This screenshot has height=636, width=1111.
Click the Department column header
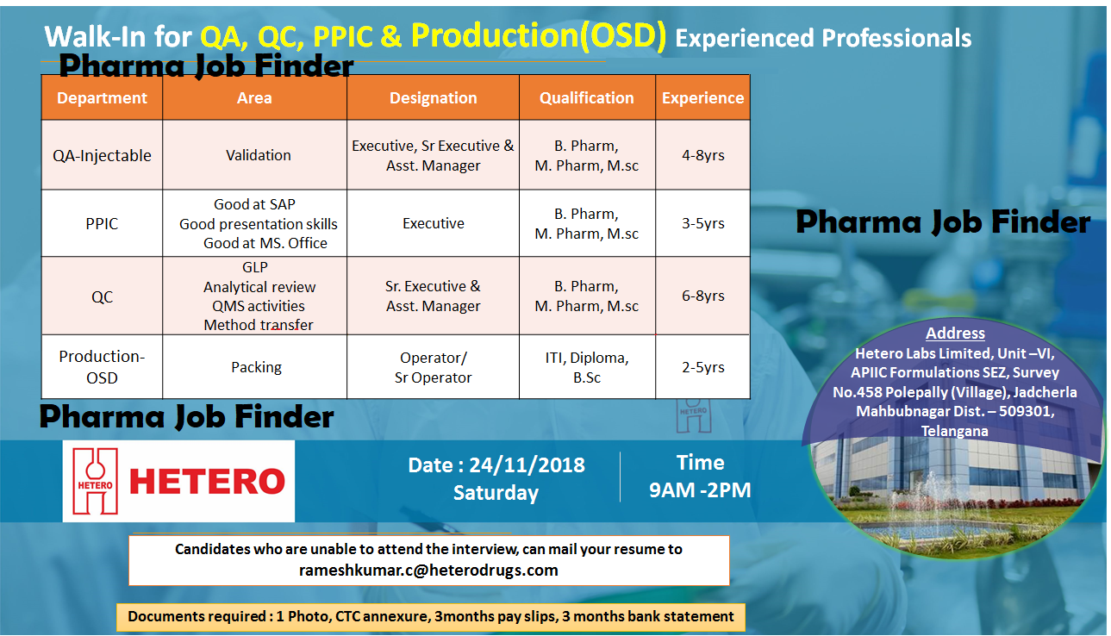[102, 98]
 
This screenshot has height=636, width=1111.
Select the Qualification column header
[586, 98]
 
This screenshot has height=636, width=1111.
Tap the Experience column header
[702, 98]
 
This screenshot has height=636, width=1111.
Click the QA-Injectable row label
[102, 156]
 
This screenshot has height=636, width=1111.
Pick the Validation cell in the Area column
[258, 155]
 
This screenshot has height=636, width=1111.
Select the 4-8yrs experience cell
[702, 155]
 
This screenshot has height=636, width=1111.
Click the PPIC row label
[102, 223]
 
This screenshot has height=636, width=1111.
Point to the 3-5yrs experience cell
[702, 223]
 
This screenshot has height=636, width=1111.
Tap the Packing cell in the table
[256, 367]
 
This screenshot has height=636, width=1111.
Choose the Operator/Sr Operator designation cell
[433, 367]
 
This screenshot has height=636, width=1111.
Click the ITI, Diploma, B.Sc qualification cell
[586, 367]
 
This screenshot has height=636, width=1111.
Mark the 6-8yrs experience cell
[702, 296]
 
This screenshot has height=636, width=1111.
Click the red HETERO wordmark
[207, 482]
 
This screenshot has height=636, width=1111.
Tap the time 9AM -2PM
[700, 489]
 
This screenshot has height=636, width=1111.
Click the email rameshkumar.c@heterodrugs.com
[428, 570]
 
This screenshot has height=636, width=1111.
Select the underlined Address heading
[955, 334]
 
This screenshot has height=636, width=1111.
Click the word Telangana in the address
[954, 430]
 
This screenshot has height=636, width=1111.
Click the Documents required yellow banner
[430, 616]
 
